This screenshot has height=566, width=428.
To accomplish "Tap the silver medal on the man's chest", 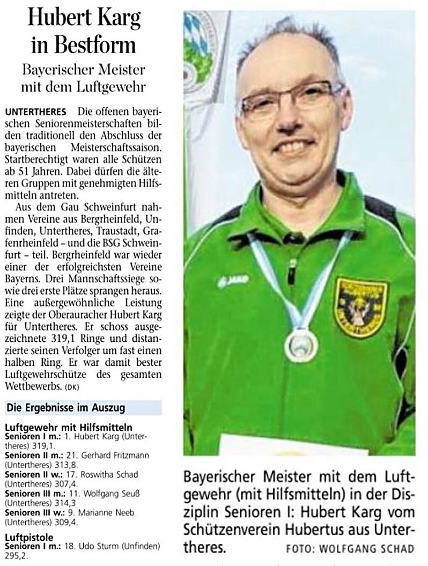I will pos(301,345).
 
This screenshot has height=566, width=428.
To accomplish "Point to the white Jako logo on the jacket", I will pos(233,281).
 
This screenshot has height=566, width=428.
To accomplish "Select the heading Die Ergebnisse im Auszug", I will pos(65,408).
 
